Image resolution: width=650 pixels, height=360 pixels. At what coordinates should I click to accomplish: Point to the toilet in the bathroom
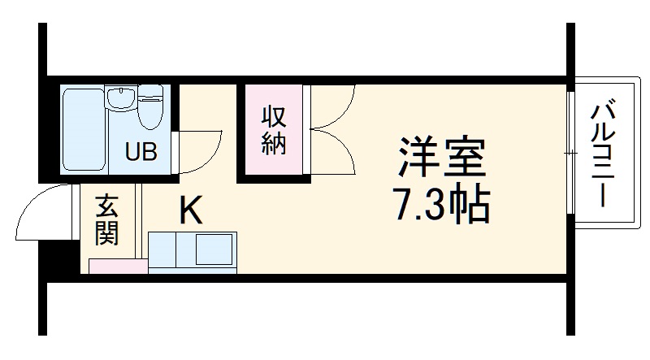point(151,107)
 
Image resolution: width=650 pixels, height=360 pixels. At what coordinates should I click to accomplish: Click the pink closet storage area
point(270,158)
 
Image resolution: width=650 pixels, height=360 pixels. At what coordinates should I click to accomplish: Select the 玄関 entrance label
point(106,220)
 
